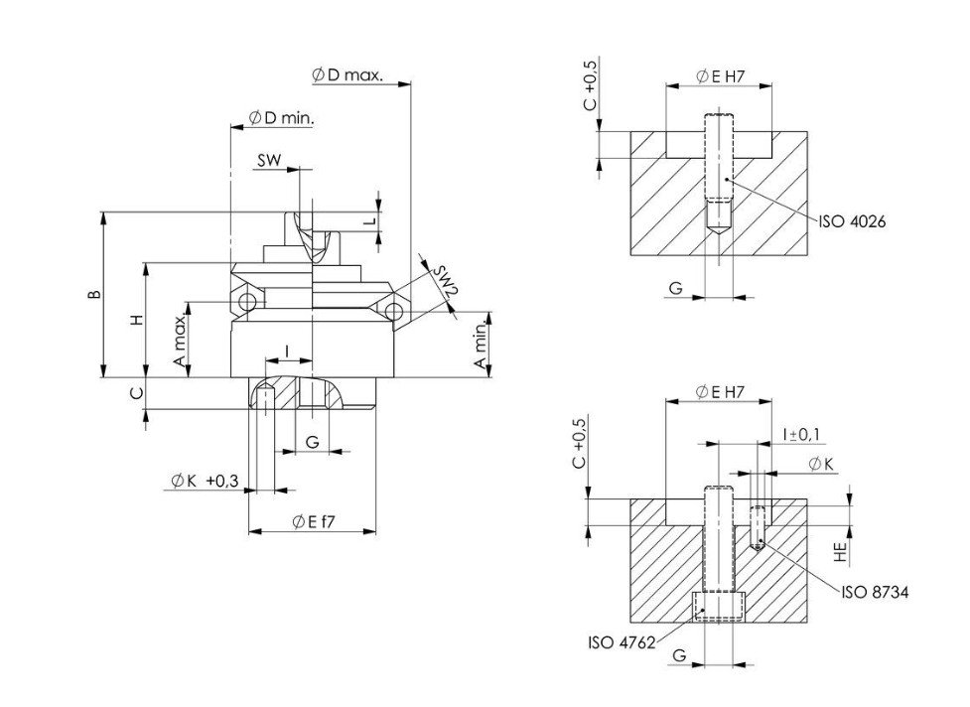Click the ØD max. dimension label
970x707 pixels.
tap(346, 74)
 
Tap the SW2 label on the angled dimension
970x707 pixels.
tap(444, 280)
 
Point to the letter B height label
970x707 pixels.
tap(92, 295)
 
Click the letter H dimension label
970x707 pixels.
tap(138, 320)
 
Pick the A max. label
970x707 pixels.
tap(181, 346)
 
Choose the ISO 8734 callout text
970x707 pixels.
tap(875, 592)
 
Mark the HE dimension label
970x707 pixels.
tap(840, 539)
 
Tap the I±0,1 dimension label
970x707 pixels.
tap(800, 434)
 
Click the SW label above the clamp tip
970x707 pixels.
tap(269, 160)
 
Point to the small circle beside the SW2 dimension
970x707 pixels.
tap(395, 311)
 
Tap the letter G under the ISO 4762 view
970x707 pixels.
tap(677, 656)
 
